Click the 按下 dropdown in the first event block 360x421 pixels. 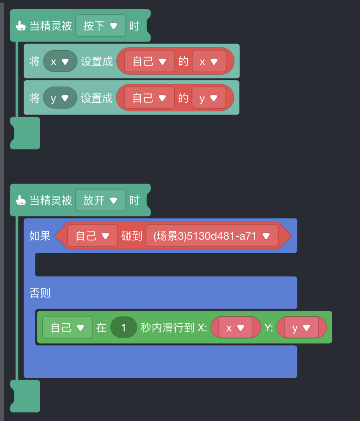pos(101,26)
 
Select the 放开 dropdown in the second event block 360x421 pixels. pos(101,200)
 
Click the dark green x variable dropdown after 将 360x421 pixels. pos(60,61)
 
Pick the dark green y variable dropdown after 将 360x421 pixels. pos(60,98)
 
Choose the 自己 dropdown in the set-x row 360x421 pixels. pos(150,61)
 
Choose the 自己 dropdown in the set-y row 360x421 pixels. pos(150,98)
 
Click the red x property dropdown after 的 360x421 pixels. pos(208,61)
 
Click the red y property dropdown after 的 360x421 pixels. pos(208,98)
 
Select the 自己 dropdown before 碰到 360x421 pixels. pos(92,236)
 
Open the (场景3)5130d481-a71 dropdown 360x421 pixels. pos(212,236)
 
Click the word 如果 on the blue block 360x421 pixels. pos(40,236)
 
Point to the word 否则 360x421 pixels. pos(40,293)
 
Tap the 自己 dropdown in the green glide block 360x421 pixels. pos(67,328)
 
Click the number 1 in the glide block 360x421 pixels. pos(123,328)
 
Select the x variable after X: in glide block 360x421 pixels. pos(235,328)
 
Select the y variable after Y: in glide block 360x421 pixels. pos(302,328)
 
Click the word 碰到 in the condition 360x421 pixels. pos(131,236)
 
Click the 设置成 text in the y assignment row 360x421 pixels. pos(97,98)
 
